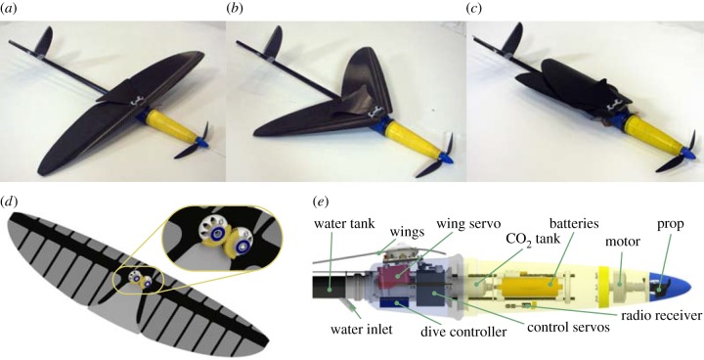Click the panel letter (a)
[9, 8]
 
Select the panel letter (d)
[10, 202]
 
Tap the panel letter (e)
[320, 202]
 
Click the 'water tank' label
[344, 223]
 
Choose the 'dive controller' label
[463, 333]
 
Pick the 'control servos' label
[568, 327]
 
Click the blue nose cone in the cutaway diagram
[669, 284]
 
